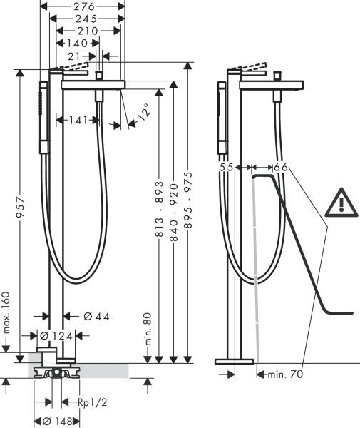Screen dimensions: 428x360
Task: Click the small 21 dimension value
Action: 76,55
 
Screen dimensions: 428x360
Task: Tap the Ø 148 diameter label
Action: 55,421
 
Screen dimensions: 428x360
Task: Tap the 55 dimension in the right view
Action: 227,167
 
